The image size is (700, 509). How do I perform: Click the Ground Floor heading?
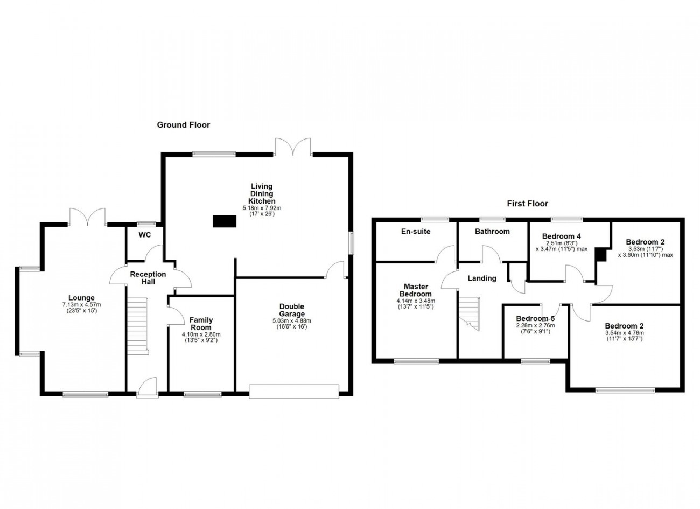click(184, 125)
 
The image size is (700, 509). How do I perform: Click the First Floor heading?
click(528, 204)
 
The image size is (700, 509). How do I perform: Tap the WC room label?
click(145, 235)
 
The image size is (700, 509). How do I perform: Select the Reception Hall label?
click(148, 278)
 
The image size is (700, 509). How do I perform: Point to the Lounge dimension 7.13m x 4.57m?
click(81, 305)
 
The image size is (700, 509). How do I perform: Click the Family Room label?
click(201, 324)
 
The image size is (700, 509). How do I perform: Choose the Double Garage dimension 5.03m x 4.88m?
click(292, 321)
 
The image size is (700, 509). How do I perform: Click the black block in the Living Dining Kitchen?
click(225, 221)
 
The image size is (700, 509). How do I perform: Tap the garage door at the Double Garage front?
click(294, 391)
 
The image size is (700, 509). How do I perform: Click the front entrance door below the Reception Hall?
click(147, 388)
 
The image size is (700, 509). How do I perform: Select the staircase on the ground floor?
click(138, 326)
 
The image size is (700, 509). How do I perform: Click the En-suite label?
click(416, 232)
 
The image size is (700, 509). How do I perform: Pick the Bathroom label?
click(492, 232)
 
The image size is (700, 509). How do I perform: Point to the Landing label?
click(482, 278)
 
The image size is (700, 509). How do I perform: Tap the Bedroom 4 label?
click(561, 236)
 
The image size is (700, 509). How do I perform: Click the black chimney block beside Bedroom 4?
click(600, 254)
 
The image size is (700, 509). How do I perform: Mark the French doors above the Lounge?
click(87, 217)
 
